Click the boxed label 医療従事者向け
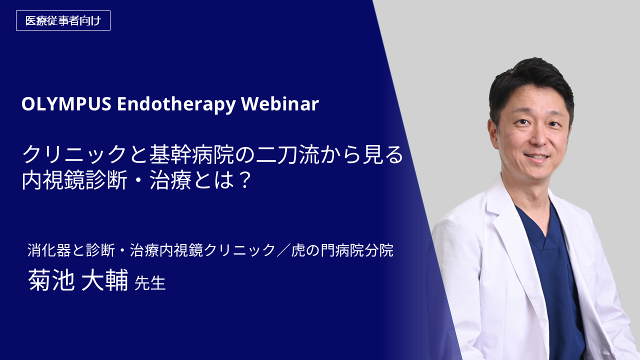coord(63,20)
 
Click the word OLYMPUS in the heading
coord(66,103)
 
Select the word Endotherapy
coord(176,104)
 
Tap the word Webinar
coord(280,103)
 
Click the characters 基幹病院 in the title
coord(191,154)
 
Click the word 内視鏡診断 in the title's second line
coord(74,180)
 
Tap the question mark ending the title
coord(244,180)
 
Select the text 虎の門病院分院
coord(342,250)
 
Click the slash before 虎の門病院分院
coord(283,250)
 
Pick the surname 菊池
coord(51,280)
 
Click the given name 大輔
coord(104,280)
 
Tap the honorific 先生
coord(150,283)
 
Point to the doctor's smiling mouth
coord(537,157)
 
